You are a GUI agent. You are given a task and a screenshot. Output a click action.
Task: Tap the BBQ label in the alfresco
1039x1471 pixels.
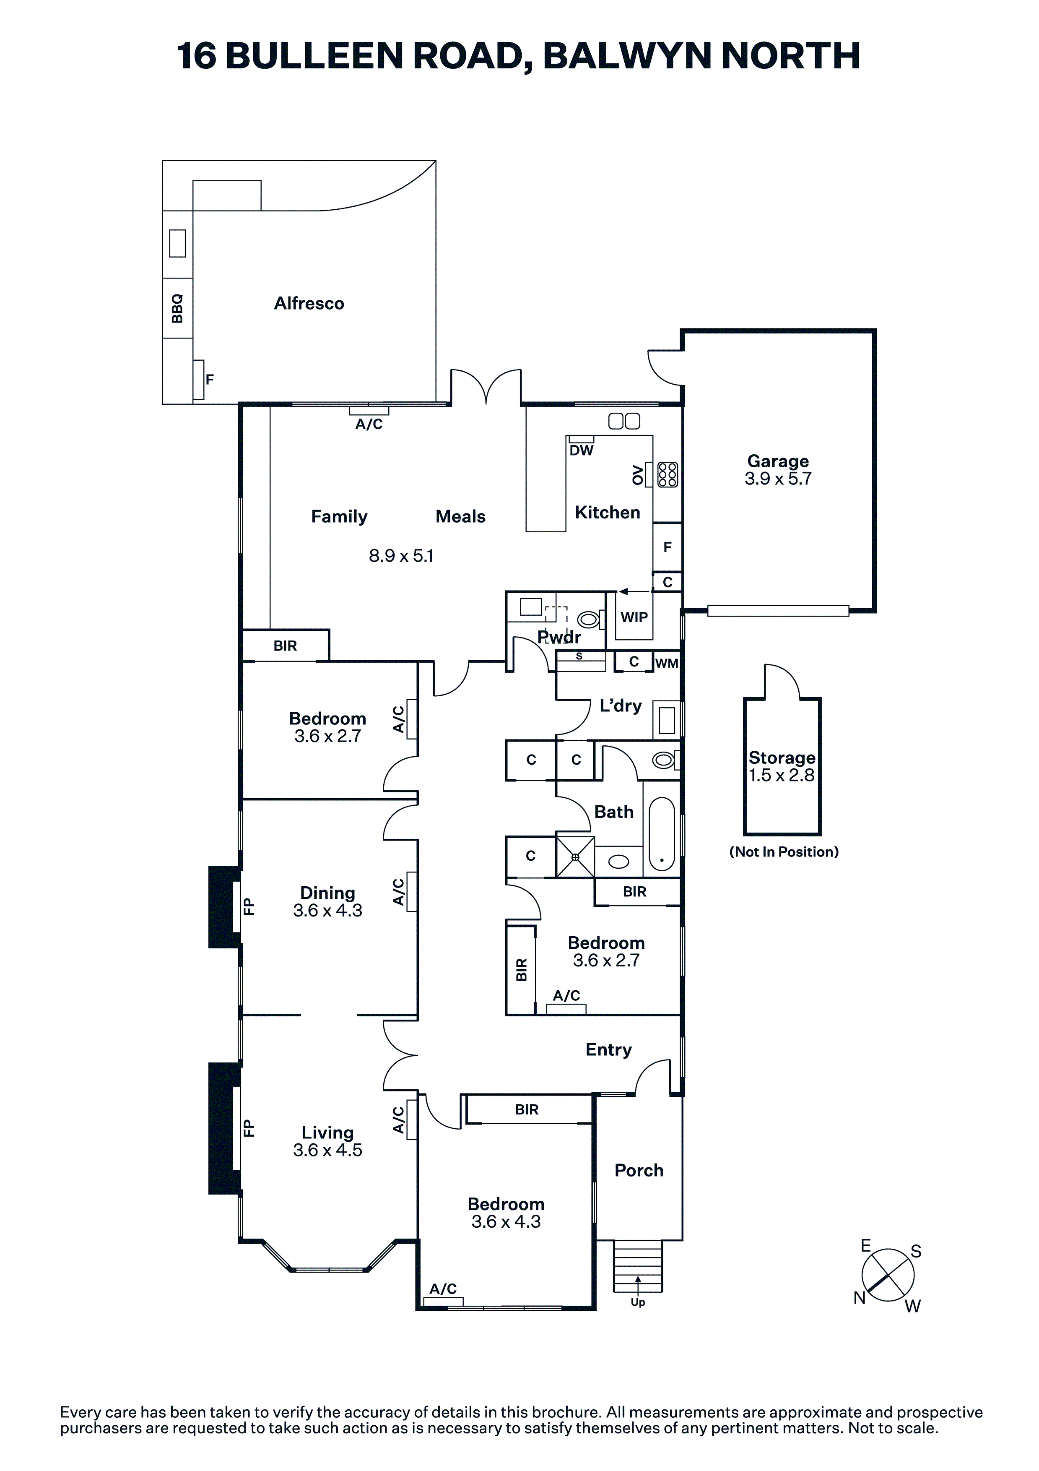(x=177, y=308)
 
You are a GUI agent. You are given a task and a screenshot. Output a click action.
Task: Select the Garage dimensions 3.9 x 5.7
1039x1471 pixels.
(x=778, y=479)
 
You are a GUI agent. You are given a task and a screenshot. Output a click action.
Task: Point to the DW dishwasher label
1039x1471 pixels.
(x=581, y=450)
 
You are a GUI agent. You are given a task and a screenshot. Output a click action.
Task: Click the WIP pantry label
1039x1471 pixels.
(x=634, y=617)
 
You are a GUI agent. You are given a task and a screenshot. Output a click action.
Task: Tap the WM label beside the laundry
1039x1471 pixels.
(x=666, y=663)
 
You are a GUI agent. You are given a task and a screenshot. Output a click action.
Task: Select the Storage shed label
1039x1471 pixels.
(x=782, y=758)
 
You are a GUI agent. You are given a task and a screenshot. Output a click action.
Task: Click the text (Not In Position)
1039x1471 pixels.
(x=783, y=851)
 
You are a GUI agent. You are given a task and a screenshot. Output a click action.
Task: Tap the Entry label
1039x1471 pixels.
(x=608, y=1050)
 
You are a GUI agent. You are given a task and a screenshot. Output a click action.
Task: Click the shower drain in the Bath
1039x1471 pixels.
(x=574, y=857)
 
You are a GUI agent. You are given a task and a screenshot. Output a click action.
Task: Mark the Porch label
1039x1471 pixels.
(x=639, y=1171)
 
